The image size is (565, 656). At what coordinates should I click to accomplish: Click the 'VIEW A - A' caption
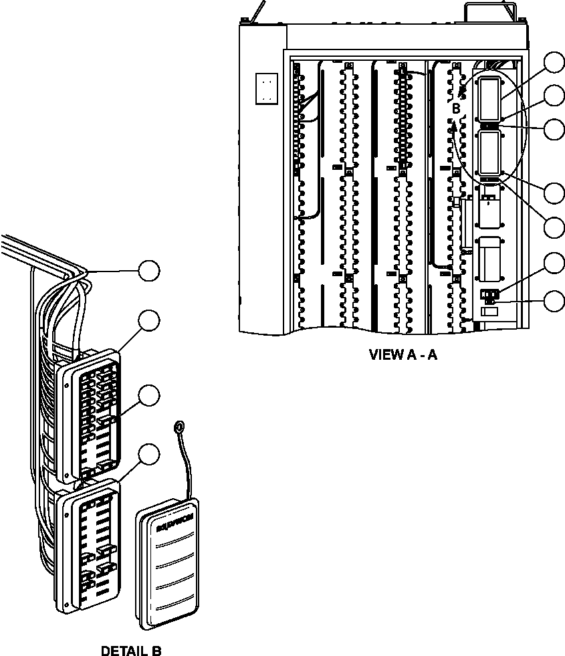[x=403, y=354]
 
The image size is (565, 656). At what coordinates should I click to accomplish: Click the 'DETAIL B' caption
[x=131, y=650]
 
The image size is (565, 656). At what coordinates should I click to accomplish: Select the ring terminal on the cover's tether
[x=179, y=427]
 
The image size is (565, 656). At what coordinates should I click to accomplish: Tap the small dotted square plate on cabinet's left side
[x=266, y=88]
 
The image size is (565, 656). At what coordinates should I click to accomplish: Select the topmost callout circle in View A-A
[x=554, y=62]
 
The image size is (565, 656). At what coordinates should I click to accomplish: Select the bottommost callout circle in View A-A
[x=554, y=301]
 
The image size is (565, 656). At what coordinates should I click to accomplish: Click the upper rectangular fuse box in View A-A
[x=490, y=98]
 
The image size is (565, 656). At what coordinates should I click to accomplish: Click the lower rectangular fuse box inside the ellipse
[x=490, y=153]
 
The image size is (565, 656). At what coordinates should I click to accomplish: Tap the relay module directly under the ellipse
[x=489, y=207]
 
